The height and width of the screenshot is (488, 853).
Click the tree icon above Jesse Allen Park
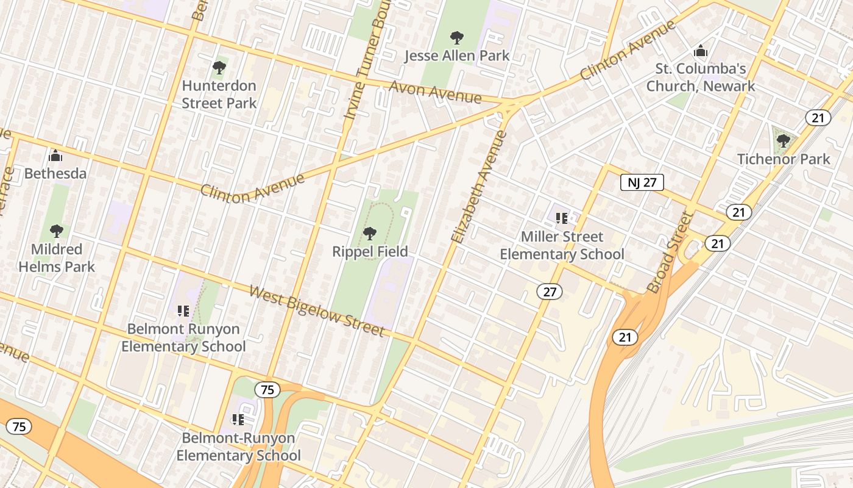point(456,38)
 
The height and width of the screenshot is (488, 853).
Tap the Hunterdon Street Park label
point(219,95)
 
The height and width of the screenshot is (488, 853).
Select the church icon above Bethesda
point(55,156)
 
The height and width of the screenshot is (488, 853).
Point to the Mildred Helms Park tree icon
point(57,231)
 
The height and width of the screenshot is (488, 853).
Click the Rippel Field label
point(370,251)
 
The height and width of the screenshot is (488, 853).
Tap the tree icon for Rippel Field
point(369,234)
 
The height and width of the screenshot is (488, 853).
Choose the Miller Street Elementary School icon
point(562,218)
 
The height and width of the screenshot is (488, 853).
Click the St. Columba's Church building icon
point(701,51)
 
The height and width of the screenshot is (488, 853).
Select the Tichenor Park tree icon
point(784,142)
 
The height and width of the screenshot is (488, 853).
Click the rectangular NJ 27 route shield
point(642,182)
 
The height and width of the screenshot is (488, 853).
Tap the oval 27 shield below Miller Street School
point(550,292)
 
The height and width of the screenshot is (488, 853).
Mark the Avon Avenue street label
point(435,93)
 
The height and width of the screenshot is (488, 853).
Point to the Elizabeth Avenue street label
point(480,187)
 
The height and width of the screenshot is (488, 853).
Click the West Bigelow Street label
point(317,310)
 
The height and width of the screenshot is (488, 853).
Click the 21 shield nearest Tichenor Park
point(818,117)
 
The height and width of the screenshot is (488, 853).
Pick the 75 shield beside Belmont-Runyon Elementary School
point(267,390)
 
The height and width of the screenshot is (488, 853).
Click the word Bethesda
point(55,174)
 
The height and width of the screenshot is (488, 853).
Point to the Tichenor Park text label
point(784,159)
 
